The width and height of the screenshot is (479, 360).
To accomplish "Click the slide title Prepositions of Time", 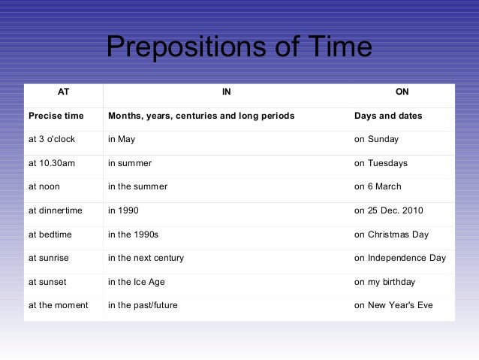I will (x=239, y=48).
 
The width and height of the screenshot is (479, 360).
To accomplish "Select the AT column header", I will (x=63, y=92).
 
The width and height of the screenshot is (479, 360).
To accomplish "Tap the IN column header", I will (x=226, y=92).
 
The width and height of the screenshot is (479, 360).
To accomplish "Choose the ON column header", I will (x=402, y=92).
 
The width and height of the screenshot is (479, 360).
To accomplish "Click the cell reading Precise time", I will (x=56, y=116).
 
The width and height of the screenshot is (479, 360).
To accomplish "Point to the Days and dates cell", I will (x=387, y=116).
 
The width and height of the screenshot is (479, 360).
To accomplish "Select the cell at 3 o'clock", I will (x=52, y=139).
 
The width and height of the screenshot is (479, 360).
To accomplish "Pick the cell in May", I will (x=122, y=139).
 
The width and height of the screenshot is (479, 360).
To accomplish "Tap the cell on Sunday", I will (x=376, y=139).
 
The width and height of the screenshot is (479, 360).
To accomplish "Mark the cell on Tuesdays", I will (x=381, y=163).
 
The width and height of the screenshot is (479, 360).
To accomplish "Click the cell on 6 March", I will (x=378, y=186).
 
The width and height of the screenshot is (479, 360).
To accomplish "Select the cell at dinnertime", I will (x=55, y=210).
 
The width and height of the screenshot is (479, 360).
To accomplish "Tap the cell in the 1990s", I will (x=133, y=234).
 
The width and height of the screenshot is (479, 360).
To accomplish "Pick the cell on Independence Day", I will (x=399, y=258).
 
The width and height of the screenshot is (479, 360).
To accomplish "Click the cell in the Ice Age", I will (x=136, y=282).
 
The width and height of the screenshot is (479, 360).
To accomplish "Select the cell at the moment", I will (x=58, y=305).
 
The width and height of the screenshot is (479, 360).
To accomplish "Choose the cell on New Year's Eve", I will (x=393, y=305).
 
